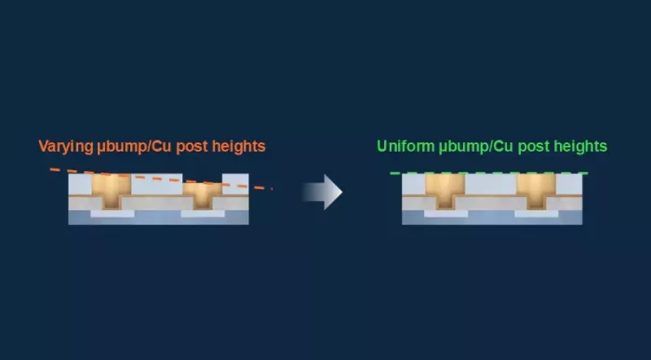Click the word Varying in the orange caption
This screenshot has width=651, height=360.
tap(66, 147)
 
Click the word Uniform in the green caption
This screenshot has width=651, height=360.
tap(405, 146)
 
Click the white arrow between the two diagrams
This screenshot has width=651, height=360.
tap(323, 192)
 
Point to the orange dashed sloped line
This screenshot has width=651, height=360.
tap(161, 179)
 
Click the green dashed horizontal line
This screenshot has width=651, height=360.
tap(489, 173)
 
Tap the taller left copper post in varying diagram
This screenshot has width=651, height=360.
tap(112, 190)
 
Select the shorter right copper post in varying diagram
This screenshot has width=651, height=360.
tap(202, 195)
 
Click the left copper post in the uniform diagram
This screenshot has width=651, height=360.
tap(445, 191)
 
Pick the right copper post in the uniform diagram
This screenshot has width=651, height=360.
tap(536, 191)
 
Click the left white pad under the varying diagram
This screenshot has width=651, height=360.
tap(113, 213)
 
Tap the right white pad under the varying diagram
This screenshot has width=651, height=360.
tap(203, 213)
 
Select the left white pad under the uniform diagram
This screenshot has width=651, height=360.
tap(445, 213)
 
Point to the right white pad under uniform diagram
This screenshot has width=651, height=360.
tap(537, 213)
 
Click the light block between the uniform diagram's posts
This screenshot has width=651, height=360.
tap(491, 184)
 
